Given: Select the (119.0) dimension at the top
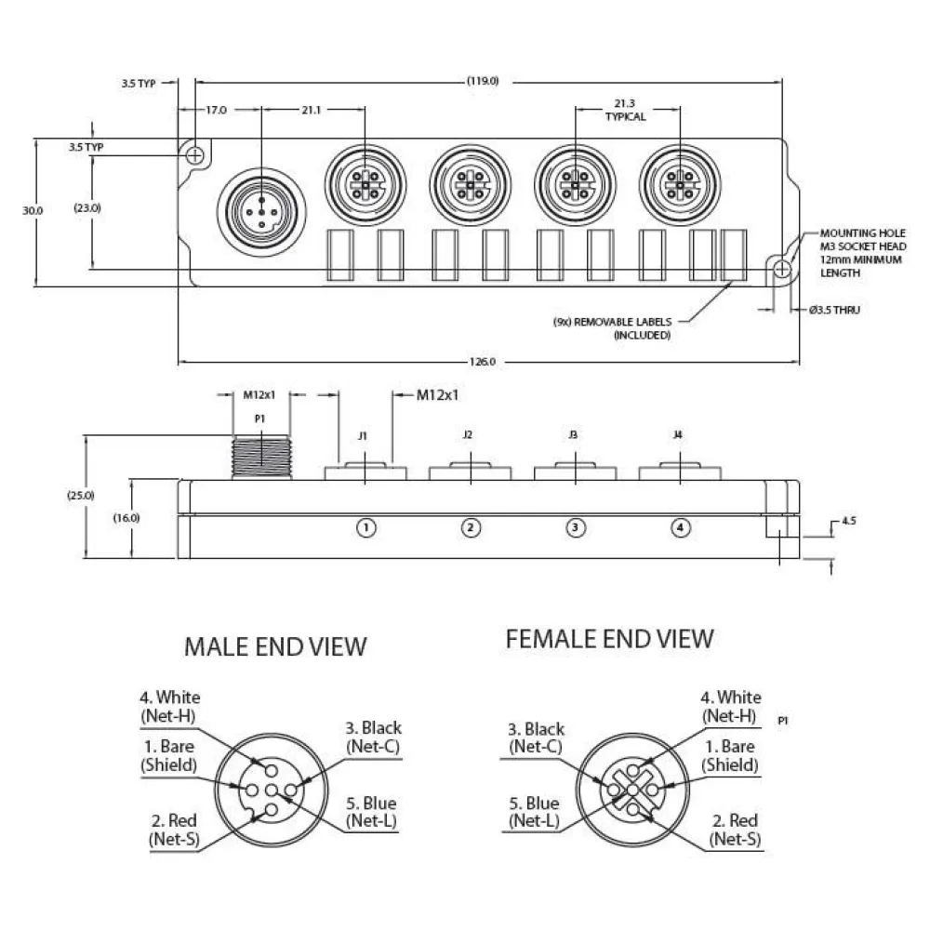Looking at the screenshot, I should click(x=483, y=81).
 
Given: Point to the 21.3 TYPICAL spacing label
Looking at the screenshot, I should click(x=625, y=111).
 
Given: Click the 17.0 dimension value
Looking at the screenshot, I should click(x=216, y=110).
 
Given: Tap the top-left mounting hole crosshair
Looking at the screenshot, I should click(x=194, y=155).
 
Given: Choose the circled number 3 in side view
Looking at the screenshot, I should click(x=576, y=528).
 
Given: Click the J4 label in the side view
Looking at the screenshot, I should click(x=678, y=434).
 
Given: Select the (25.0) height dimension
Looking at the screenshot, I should click(x=80, y=495).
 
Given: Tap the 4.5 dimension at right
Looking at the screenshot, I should click(x=848, y=522).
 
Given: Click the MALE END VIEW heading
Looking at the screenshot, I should click(x=275, y=645).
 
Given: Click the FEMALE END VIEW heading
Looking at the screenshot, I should click(x=609, y=638).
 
